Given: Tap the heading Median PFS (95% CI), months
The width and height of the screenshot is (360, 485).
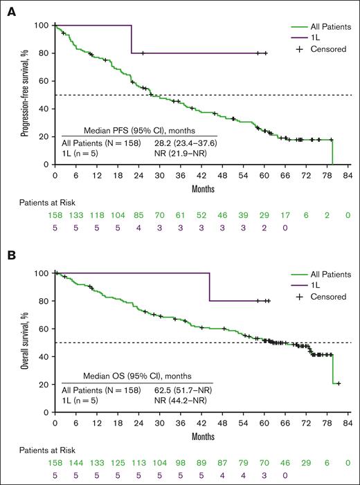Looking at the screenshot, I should click(x=139, y=129).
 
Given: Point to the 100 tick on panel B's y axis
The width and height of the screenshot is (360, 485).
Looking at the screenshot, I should click(x=42, y=273).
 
